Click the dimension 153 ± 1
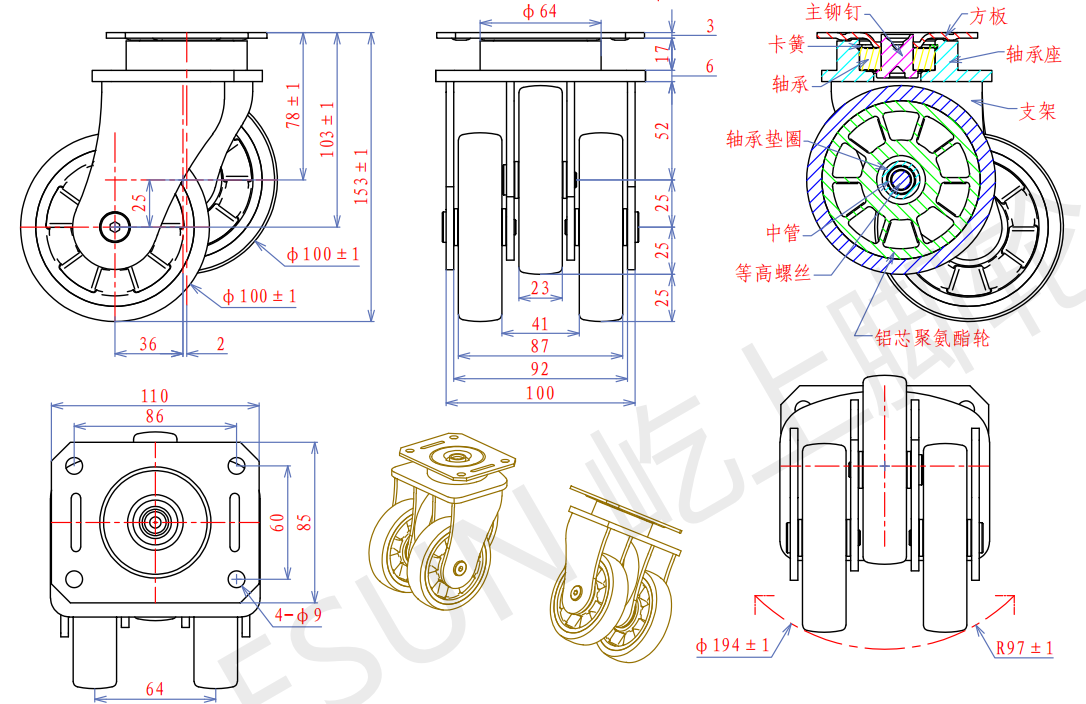362,176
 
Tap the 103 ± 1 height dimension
327,128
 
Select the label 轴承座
1033,55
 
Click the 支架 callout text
1037,112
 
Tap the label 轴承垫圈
764,140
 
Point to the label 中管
784,233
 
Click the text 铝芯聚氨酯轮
932,338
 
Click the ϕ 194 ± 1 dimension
733,646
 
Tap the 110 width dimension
154,397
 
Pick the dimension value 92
540,369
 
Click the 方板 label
989,17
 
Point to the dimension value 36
148,345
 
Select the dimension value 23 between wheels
540,289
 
